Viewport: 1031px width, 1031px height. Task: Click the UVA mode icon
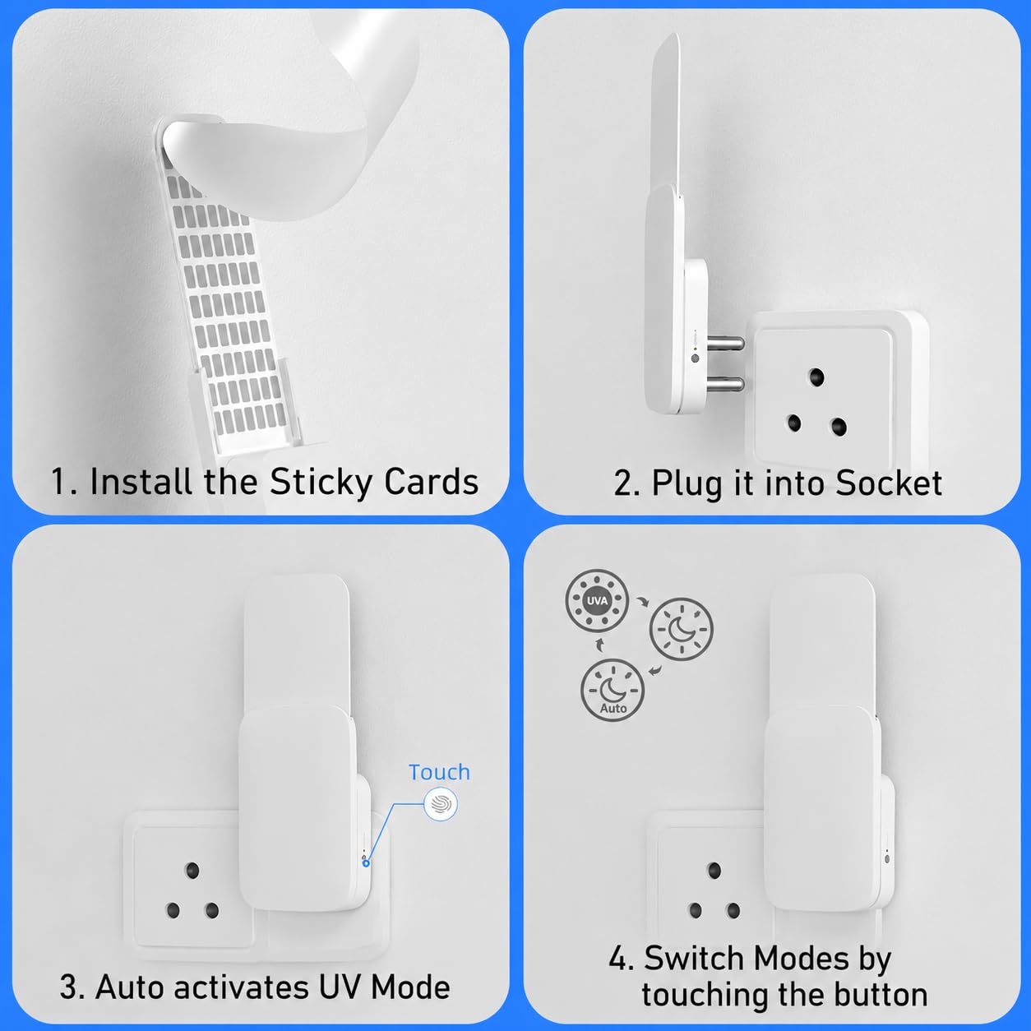coord(597,600)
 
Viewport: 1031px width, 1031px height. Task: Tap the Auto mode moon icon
coord(613,690)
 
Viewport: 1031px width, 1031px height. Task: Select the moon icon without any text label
coord(681,629)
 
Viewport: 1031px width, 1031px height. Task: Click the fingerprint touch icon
coord(441,804)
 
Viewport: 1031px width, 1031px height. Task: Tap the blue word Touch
coord(439,772)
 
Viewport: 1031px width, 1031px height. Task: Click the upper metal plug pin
coord(725,343)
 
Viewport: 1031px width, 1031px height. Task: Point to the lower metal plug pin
coord(725,384)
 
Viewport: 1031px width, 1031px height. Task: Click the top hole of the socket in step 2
coord(816,377)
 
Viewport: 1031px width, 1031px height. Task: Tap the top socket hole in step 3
coord(192,871)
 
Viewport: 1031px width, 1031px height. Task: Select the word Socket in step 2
coord(888,483)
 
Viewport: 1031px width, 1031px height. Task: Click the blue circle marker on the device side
coord(366,863)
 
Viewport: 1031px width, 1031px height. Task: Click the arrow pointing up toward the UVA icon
coord(600,645)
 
